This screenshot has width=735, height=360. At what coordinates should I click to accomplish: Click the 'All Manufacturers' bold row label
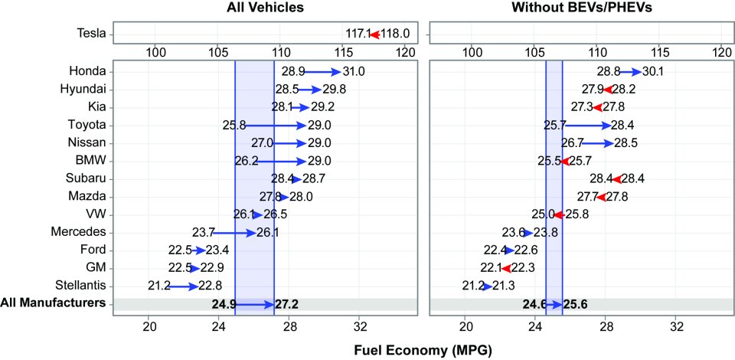[x=53, y=303]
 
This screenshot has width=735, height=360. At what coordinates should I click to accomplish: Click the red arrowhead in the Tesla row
[x=374, y=34]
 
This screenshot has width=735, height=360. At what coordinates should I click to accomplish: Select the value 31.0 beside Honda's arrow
[x=354, y=71]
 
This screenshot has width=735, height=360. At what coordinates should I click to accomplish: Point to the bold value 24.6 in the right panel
[x=534, y=304]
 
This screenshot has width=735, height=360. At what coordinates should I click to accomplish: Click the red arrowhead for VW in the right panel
[x=559, y=214]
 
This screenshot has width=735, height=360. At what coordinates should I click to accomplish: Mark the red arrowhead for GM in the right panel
[x=506, y=268]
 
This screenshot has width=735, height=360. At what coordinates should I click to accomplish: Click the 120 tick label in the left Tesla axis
[x=405, y=53]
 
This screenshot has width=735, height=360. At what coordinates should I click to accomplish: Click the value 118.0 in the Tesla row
[x=395, y=34]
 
